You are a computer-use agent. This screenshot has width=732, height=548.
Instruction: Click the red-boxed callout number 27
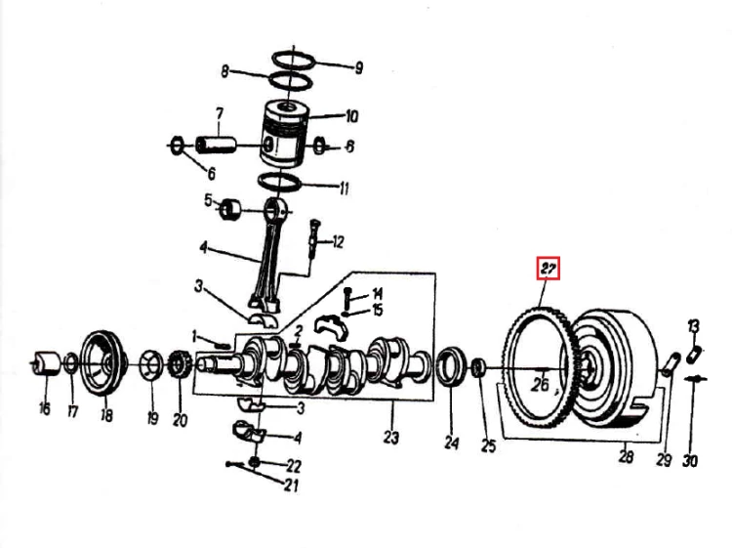tap(549, 269)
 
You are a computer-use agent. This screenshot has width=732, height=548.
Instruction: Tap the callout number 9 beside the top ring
tap(358, 68)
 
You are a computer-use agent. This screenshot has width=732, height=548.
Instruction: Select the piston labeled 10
tap(285, 134)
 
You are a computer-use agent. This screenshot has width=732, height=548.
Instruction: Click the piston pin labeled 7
tap(216, 145)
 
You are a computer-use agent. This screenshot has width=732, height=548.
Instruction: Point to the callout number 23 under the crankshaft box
tap(391, 438)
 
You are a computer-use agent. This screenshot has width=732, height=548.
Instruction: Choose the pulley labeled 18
tap(103, 363)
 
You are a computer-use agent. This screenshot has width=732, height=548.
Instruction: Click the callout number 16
tap(44, 408)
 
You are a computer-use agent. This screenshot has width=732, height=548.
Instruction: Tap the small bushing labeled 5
tap(229, 209)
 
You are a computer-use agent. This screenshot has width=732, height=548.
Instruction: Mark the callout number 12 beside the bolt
tap(338, 242)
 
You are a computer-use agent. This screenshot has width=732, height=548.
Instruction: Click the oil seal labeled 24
tap(451, 366)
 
